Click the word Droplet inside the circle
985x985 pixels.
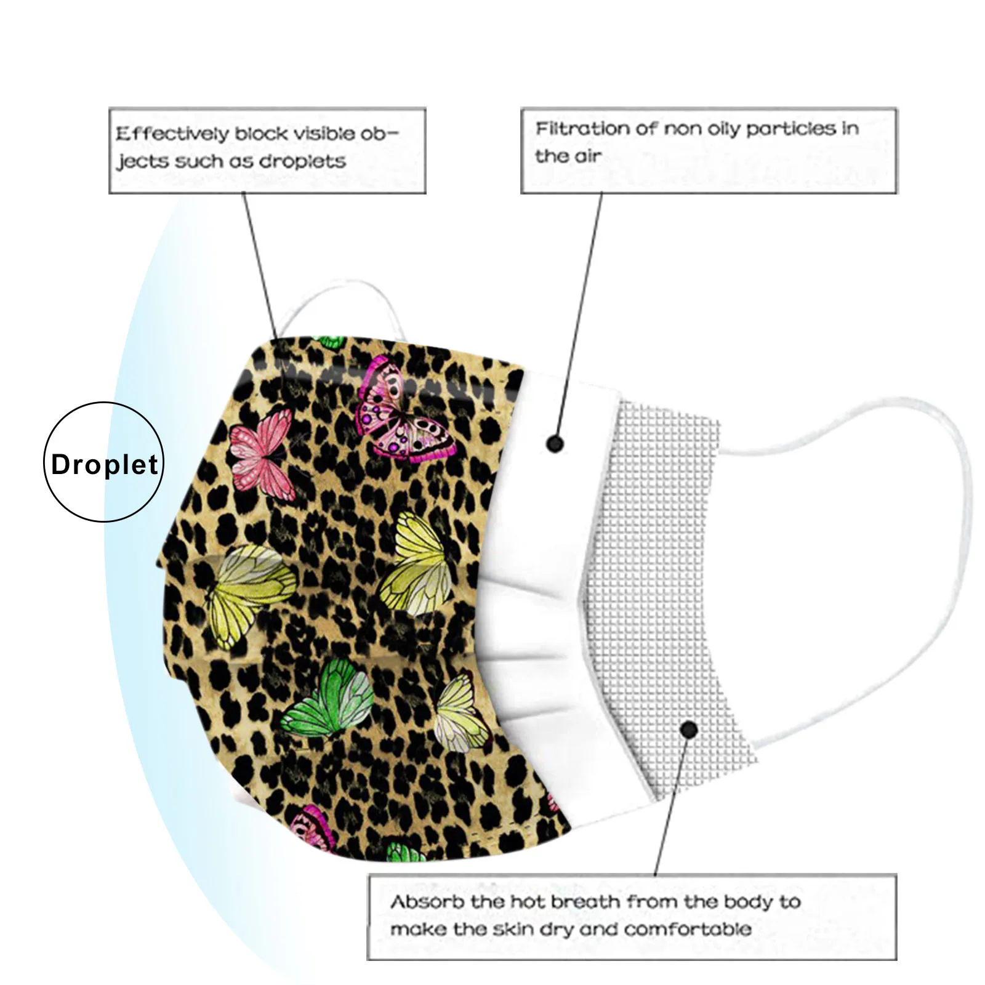(x=105, y=465)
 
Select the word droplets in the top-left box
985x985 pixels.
(x=302, y=161)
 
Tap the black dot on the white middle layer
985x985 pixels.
(x=555, y=443)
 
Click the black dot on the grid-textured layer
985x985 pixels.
(x=689, y=730)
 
